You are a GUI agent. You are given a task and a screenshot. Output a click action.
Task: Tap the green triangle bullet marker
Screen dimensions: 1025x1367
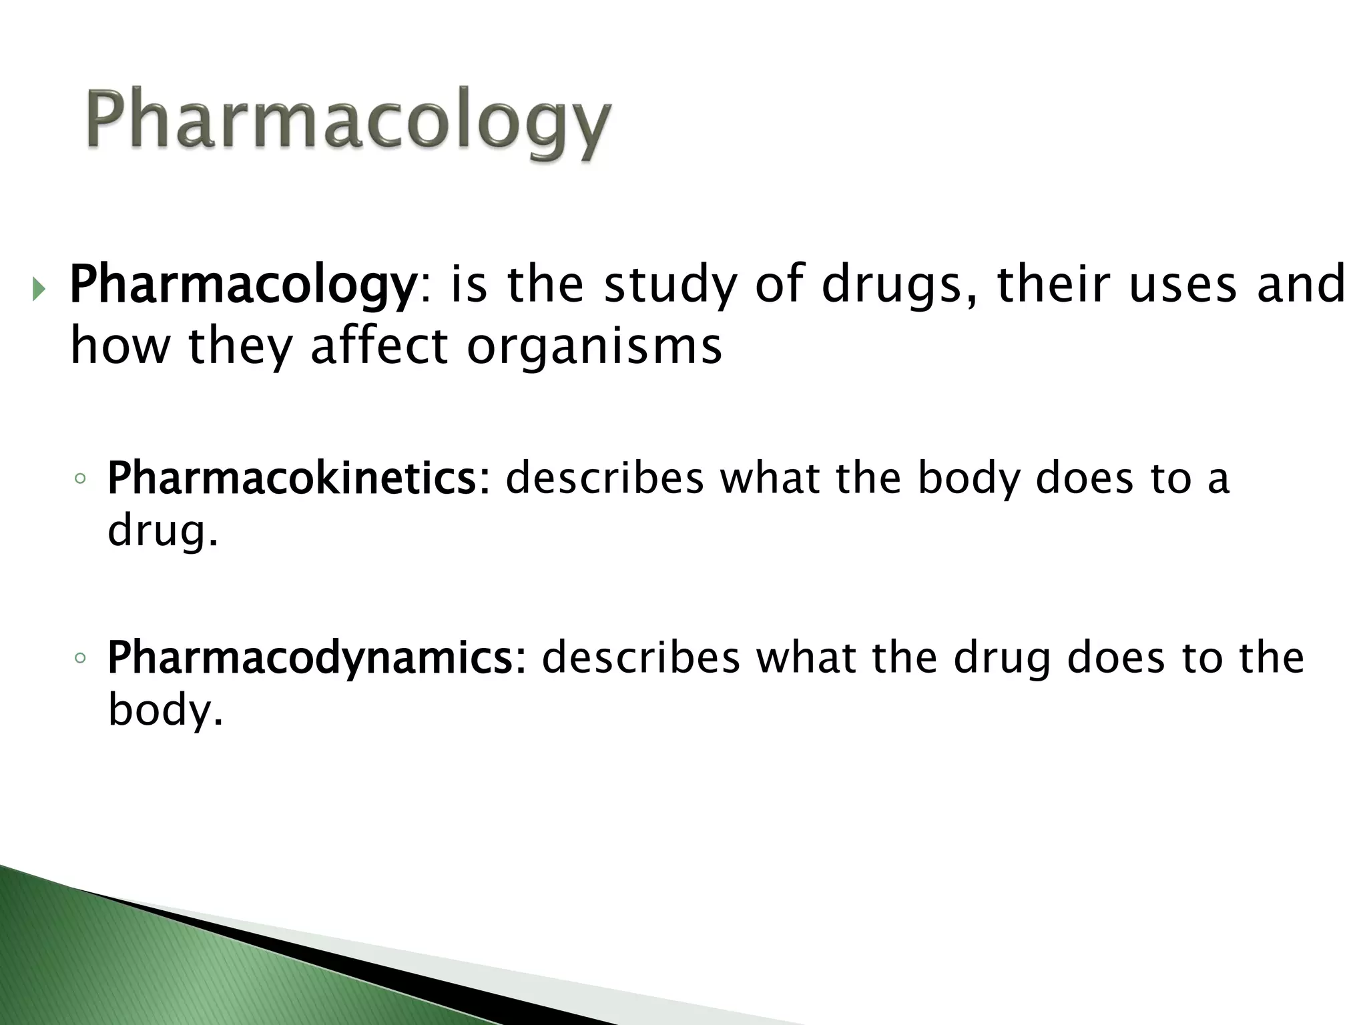coord(39,290)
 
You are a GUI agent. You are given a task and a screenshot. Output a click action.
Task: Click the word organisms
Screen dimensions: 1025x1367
coord(594,347)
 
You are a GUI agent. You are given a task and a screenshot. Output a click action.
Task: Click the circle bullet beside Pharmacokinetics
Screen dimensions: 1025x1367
coord(80,478)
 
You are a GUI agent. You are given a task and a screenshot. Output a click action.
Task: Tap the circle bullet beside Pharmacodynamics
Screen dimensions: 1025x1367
coord(80,658)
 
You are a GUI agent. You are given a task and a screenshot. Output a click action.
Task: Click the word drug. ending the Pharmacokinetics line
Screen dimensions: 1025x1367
coord(163,531)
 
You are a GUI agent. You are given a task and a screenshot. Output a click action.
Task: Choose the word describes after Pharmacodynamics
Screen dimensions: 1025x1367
coord(641,657)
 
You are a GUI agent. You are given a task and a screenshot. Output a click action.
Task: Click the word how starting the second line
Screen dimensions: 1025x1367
coord(119,347)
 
